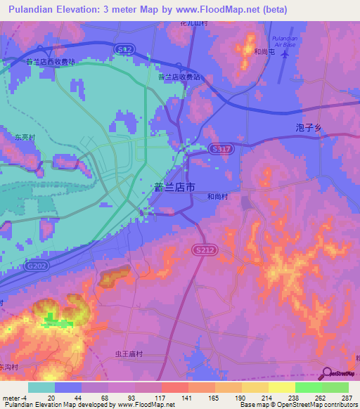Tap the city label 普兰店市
pos(174,187)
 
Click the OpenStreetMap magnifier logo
pos(326,374)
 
